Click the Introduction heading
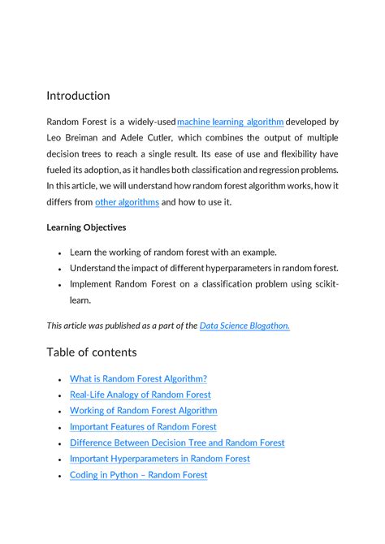tap(78, 96)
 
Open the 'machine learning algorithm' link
tap(230, 122)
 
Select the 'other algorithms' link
tap(127, 202)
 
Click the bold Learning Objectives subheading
tap(86, 227)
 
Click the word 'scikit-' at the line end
tap(322, 284)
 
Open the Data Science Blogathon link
tap(244, 326)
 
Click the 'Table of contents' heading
tap(92, 352)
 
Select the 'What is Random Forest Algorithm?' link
tap(138, 378)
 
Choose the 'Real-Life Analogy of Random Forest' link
tap(140, 395)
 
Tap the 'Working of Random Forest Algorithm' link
tap(143, 411)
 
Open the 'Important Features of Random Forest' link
tap(143, 426)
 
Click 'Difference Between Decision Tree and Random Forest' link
tap(177, 443)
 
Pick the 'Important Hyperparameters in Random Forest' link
tap(159, 459)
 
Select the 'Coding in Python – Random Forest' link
tap(138, 475)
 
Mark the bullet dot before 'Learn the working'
tap(60, 253)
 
